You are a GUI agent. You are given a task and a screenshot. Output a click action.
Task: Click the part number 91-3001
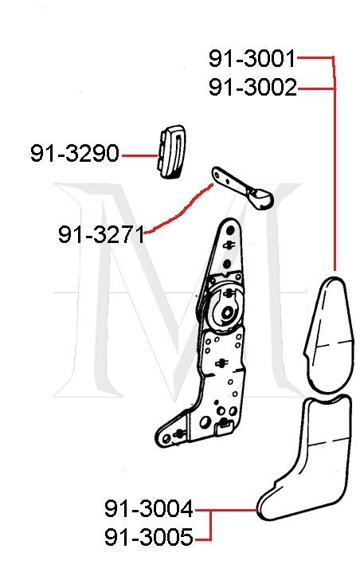(x=252, y=58)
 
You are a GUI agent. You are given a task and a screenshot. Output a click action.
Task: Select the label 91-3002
(x=252, y=87)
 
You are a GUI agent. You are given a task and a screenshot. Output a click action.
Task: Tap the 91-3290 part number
(x=74, y=153)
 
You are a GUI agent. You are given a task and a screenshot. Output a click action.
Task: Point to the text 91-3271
(x=101, y=234)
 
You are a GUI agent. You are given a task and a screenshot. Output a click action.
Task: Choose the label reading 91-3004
(x=148, y=508)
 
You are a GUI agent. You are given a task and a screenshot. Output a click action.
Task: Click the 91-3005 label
(x=148, y=538)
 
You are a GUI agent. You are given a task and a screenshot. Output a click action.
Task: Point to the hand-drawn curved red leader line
(x=179, y=211)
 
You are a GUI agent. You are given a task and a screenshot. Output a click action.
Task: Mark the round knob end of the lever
(x=258, y=196)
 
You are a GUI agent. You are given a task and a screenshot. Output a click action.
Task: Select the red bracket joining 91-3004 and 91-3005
(x=210, y=523)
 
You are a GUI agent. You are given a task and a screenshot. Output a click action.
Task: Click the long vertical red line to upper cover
(x=335, y=175)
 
